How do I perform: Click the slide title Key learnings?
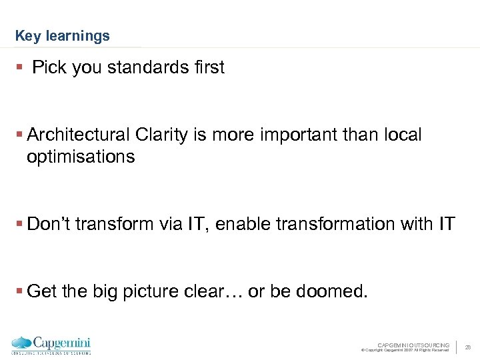[x=62, y=36]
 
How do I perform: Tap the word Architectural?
[x=78, y=135]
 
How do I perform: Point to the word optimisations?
[x=81, y=157]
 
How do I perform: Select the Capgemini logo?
[x=51, y=345]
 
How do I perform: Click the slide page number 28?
[x=468, y=347]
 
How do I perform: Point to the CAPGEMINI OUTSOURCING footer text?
[x=413, y=345]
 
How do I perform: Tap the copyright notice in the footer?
[x=405, y=350]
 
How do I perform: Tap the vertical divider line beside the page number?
[x=457, y=347]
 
